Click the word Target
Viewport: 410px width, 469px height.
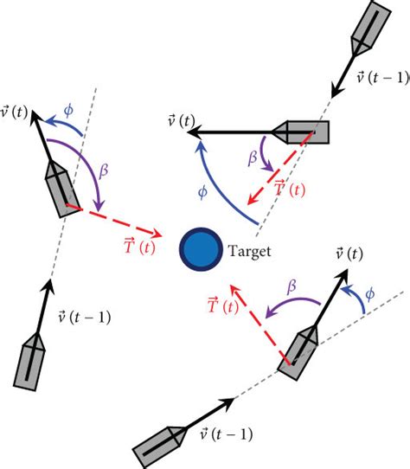[x=249, y=252]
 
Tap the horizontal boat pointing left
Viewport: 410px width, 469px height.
[x=302, y=132]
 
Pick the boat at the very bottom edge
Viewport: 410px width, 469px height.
[x=160, y=446]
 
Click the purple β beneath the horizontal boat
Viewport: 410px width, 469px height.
[x=251, y=158]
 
